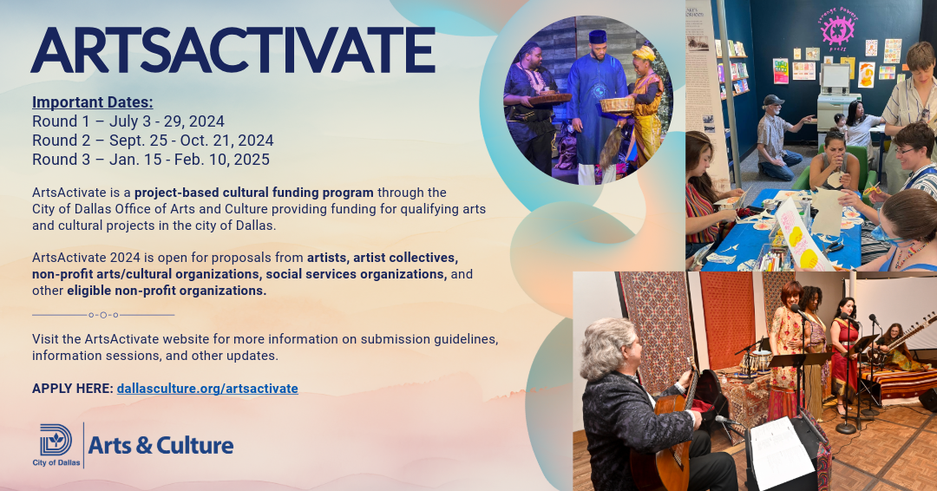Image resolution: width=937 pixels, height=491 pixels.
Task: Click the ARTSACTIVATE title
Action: pyautogui.click(x=233, y=49)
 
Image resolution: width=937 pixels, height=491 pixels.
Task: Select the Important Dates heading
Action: pyautogui.click(x=92, y=102)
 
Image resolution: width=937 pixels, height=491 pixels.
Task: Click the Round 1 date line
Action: pyautogui.click(x=128, y=121)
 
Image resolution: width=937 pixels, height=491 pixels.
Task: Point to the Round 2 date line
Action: pyautogui.click(x=153, y=141)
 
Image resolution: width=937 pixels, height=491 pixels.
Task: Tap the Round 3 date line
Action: pyautogui.click(x=151, y=160)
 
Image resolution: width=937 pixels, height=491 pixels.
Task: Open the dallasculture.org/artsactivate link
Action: pyautogui.click(x=207, y=389)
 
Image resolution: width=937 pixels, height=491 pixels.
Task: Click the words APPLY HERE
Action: pyautogui.click(x=72, y=389)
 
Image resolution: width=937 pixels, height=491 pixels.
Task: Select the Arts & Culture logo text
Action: pyautogui.click(x=161, y=446)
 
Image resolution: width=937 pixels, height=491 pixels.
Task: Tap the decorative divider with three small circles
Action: pyautogui.click(x=103, y=315)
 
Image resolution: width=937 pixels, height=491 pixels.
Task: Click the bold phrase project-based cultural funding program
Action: pyautogui.click(x=254, y=193)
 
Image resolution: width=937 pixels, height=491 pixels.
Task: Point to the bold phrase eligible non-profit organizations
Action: pyautogui.click(x=167, y=291)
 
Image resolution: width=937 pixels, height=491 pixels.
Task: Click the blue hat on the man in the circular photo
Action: pyautogui.click(x=596, y=37)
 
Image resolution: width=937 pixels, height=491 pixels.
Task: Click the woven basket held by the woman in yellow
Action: pyautogui.click(x=617, y=104)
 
